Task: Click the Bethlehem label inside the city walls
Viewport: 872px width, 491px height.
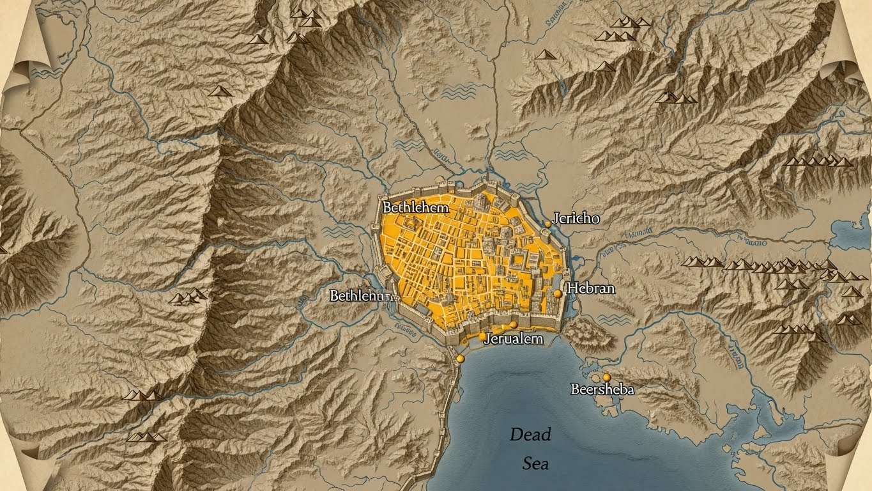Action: (415, 207)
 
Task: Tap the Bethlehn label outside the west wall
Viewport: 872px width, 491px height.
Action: (356, 296)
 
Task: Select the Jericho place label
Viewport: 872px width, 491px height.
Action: (576, 218)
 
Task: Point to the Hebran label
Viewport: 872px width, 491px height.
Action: (591, 288)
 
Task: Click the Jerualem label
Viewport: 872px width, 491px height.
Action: (514, 339)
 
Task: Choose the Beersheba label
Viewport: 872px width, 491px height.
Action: (602, 389)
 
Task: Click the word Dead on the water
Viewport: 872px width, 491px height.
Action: (530, 435)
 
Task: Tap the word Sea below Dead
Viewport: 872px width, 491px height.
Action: (535, 464)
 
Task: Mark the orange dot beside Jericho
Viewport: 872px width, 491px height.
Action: (547, 224)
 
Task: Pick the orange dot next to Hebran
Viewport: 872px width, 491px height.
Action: (558, 293)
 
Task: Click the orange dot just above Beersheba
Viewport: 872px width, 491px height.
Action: (606, 378)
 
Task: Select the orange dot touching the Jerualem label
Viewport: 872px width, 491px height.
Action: (482, 336)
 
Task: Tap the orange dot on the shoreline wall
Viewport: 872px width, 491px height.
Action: (459, 359)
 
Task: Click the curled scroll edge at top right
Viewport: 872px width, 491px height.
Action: (845, 61)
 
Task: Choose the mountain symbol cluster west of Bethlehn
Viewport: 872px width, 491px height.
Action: (188, 297)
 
